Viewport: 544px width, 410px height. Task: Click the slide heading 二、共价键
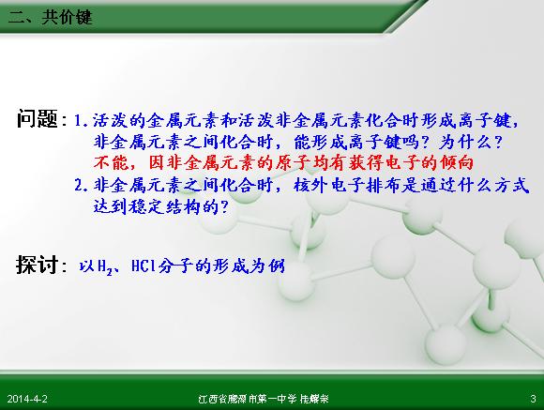[x=50, y=18]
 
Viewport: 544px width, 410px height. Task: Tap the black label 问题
[x=38, y=119]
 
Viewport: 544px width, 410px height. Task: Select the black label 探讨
[x=37, y=266]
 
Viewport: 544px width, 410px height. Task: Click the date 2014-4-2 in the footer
[x=27, y=399]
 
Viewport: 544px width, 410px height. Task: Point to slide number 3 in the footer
[x=533, y=399]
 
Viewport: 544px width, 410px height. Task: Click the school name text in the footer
[x=264, y=399]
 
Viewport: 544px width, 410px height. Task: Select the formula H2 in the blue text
[x=105, y=267]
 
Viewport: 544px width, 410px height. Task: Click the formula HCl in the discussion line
[x=144, y=266]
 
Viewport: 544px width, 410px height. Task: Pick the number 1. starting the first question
[x=82, y=120]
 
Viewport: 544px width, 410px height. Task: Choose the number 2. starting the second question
[x=82, y=185]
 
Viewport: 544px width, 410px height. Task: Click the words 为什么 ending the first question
[x=465, y=142]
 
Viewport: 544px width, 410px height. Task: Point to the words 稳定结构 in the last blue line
[x=165, y=206]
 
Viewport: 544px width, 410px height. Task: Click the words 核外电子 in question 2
[x=329, y=185]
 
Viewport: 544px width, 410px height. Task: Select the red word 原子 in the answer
[x=293, y=162]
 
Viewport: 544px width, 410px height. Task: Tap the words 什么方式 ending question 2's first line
[x=493, y=185]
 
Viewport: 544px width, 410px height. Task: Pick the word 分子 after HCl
[x=175, y=266]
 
